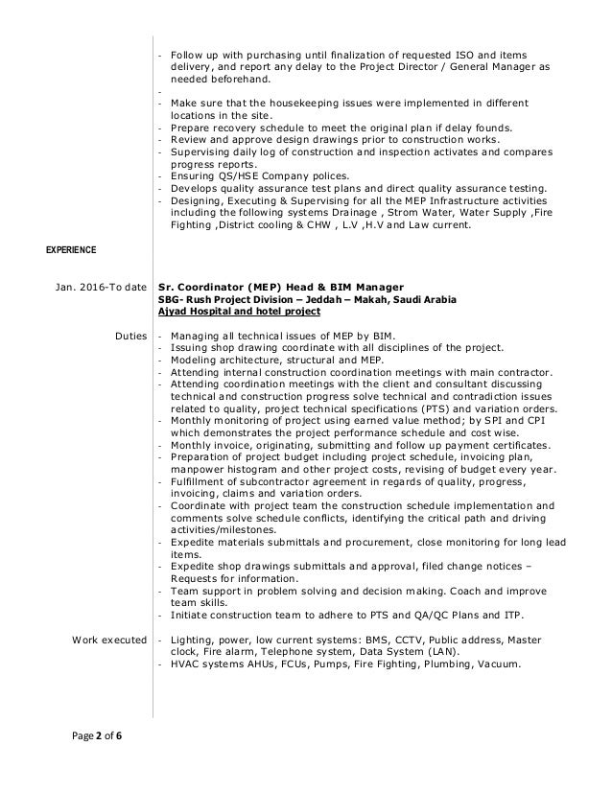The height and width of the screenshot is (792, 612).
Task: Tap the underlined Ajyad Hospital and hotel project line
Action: [x=239, y=312]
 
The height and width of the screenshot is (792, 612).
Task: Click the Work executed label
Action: [x=107, y=639]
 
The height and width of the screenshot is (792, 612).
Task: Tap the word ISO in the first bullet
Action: [x=447, y=54]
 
